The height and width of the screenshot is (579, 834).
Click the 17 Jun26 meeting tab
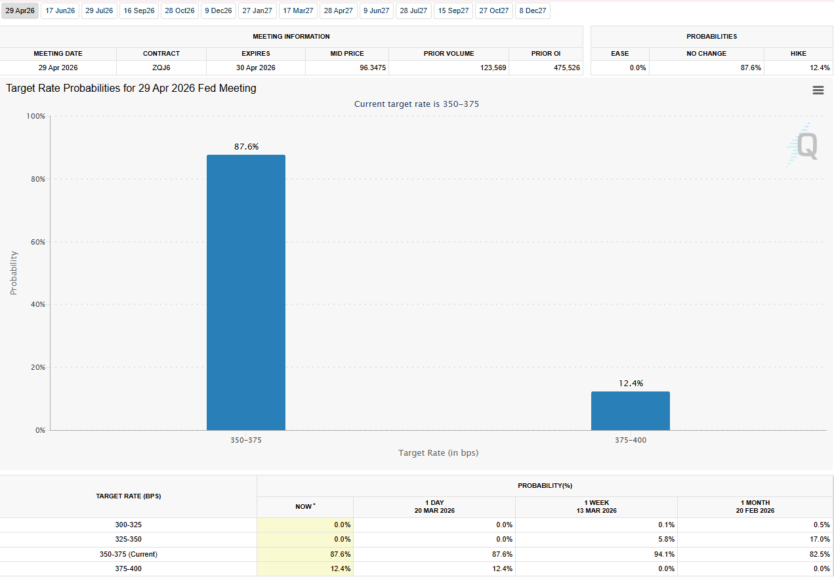(x=60, y=10)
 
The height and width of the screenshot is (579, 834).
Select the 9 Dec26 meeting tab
(x=218, y=10)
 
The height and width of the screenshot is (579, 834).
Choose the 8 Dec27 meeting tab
(x=532, y=10)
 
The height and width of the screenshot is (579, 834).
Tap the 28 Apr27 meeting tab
(x=338, y=10)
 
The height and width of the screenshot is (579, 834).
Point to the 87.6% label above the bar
(x=246, y=147)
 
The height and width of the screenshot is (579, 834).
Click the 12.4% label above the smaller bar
(x=631, y=384)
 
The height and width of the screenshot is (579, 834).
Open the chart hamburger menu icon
(x=818, y=90)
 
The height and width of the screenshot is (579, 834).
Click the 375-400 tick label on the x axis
(x=631, y=440)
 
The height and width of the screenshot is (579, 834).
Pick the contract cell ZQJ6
(x=161, y=68)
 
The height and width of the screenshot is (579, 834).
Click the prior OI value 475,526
(x=567, y=68)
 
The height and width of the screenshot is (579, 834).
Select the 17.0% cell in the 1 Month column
(x=820, y=539)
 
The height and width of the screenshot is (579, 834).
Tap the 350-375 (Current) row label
(x=128, y=554)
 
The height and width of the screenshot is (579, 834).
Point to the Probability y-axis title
(x=14, y=273)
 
